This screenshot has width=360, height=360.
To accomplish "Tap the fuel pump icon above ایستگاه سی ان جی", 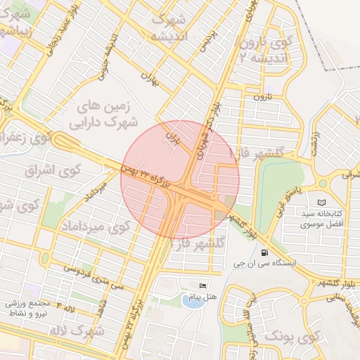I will (x=264, y=252).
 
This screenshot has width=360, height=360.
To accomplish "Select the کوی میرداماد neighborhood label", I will (x=95, y=227).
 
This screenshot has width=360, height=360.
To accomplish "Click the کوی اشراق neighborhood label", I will (x=53, y=169).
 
